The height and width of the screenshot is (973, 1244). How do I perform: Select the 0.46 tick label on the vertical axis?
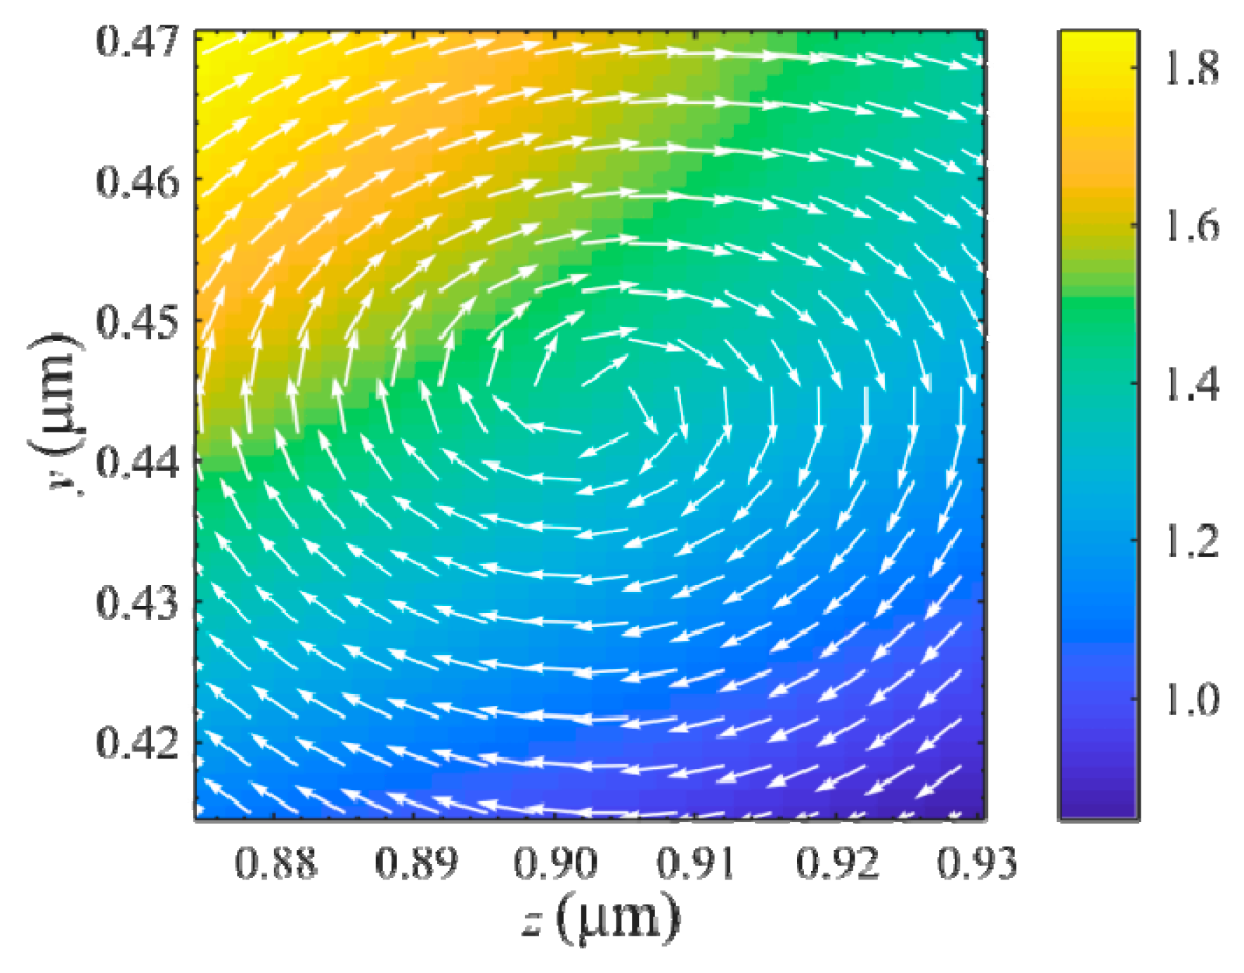(x=138, y=182)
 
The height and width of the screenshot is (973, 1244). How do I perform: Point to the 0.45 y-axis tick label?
(x=138, y=323)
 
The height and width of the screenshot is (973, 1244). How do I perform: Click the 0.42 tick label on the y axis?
(x=138, y=743)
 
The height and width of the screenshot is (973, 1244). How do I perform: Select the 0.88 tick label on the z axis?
(x=276, y=863)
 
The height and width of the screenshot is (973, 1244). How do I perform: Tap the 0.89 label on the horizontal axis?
(x=416, y=863)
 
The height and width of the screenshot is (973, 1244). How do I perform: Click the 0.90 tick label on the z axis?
(x=556, y=863)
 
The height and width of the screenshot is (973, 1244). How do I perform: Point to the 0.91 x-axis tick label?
(x=696, y=863)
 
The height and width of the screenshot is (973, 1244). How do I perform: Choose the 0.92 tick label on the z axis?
(x=837, y=863)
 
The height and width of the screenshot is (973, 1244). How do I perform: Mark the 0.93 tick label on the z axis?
(x=976, y=863)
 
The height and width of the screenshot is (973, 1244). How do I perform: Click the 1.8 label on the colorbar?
(x=1192, y=68)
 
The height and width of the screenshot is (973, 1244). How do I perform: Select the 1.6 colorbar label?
(x=1192, y=226)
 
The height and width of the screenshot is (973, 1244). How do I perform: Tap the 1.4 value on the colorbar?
(x=1192, y=384)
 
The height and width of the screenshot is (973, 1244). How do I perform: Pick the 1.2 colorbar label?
(x=1192, y=541)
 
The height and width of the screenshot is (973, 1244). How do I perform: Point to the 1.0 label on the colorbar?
(x=1192, y=699)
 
